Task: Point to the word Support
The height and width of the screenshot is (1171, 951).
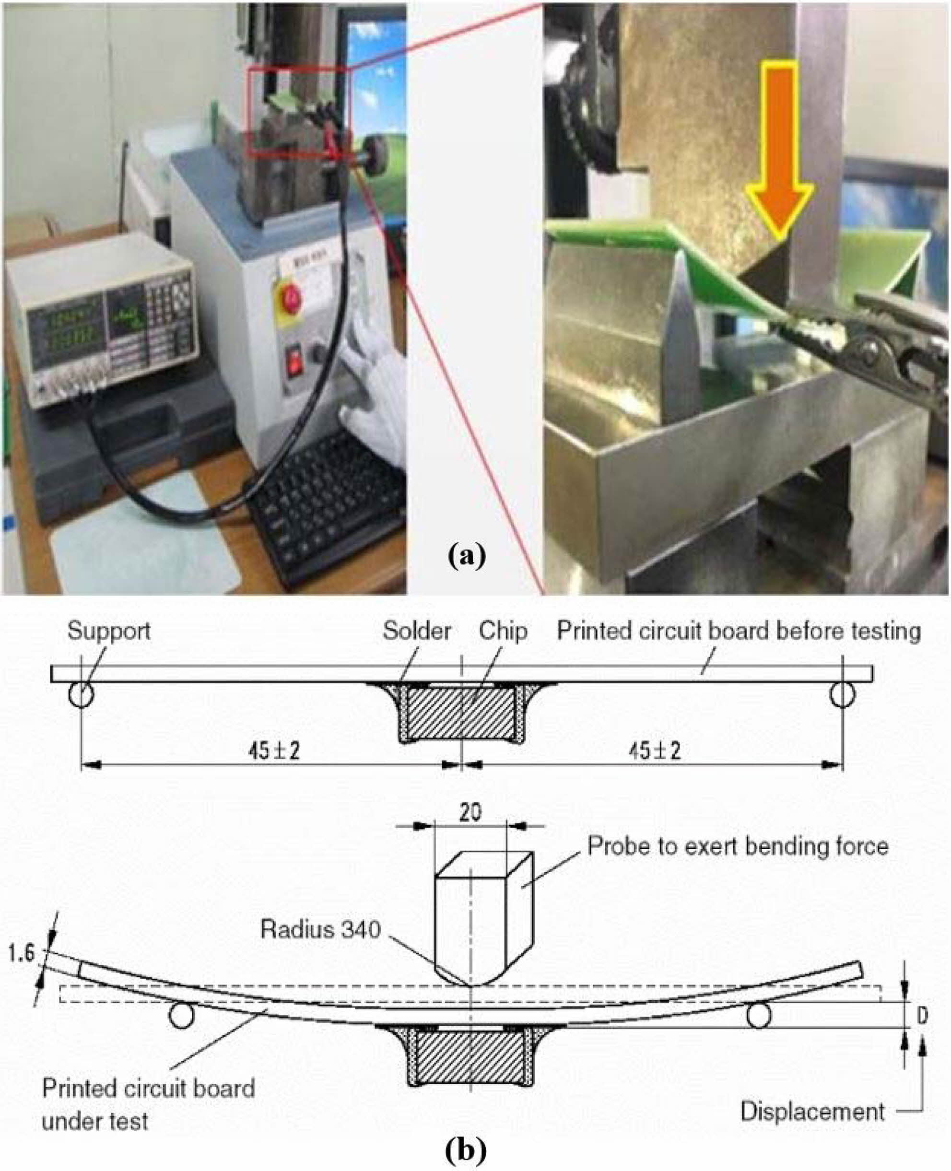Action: coord(108,632)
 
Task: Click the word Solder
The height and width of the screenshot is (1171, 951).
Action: coord(416,632)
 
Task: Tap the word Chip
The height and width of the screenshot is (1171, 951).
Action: coord(504,632)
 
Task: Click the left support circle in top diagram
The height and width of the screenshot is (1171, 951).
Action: coord(81,695)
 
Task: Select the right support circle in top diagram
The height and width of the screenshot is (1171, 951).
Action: coord(842,695)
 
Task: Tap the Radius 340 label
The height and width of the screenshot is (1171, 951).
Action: coord(320,929)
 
